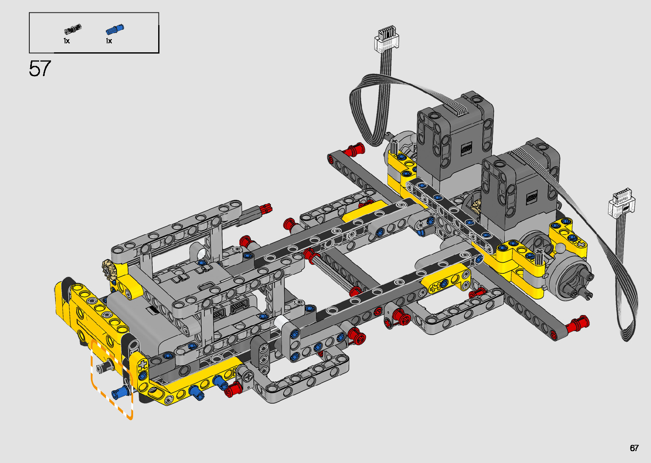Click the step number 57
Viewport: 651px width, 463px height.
pos(40,68)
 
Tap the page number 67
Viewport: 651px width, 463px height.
pos(634,448)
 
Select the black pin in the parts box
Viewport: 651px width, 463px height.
pos(73,29)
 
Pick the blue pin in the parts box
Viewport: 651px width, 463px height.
pos(115,29)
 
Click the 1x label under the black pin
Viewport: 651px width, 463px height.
pos(67,41)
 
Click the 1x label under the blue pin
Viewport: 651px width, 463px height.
pos(109,41)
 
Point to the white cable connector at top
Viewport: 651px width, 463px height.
pos(386,39)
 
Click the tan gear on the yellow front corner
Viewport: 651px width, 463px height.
pos(109,269)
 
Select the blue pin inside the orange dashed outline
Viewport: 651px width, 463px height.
pos(120,393)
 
